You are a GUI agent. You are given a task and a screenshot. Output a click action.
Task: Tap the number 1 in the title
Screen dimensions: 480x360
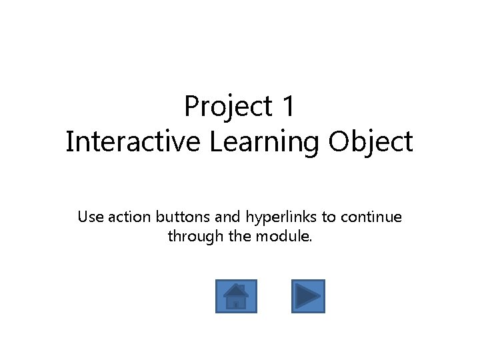pos(288,106)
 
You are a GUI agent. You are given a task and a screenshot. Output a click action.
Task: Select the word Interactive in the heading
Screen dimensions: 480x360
pos(133,141)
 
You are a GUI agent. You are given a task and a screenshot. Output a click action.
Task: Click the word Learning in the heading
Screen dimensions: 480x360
pos(264,143)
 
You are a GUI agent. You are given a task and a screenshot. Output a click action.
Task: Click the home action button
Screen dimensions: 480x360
pos(236,296)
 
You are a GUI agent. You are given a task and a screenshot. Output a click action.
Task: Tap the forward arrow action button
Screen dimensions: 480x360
pos(308,296)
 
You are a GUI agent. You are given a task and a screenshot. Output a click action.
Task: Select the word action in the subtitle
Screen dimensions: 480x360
pos(129,217)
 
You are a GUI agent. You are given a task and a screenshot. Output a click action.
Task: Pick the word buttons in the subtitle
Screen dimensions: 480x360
pos(183,217)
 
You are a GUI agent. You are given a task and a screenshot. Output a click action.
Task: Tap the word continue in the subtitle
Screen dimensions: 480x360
pos(371,217)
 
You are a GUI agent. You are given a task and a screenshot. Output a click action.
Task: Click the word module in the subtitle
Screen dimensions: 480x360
pos(282,236)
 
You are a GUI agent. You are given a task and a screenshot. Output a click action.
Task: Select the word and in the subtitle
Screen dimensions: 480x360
pos(227,217)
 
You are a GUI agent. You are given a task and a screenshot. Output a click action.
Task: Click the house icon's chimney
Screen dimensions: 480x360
pos(242,287)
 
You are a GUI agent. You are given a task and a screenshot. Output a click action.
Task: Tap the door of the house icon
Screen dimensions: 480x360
pos(235,305)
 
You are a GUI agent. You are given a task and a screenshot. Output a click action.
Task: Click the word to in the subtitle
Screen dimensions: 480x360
pos(329,217)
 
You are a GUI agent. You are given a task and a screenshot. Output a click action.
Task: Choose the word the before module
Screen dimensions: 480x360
pos(240,236)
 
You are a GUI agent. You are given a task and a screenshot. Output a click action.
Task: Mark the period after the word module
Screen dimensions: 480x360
pos(311,241)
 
